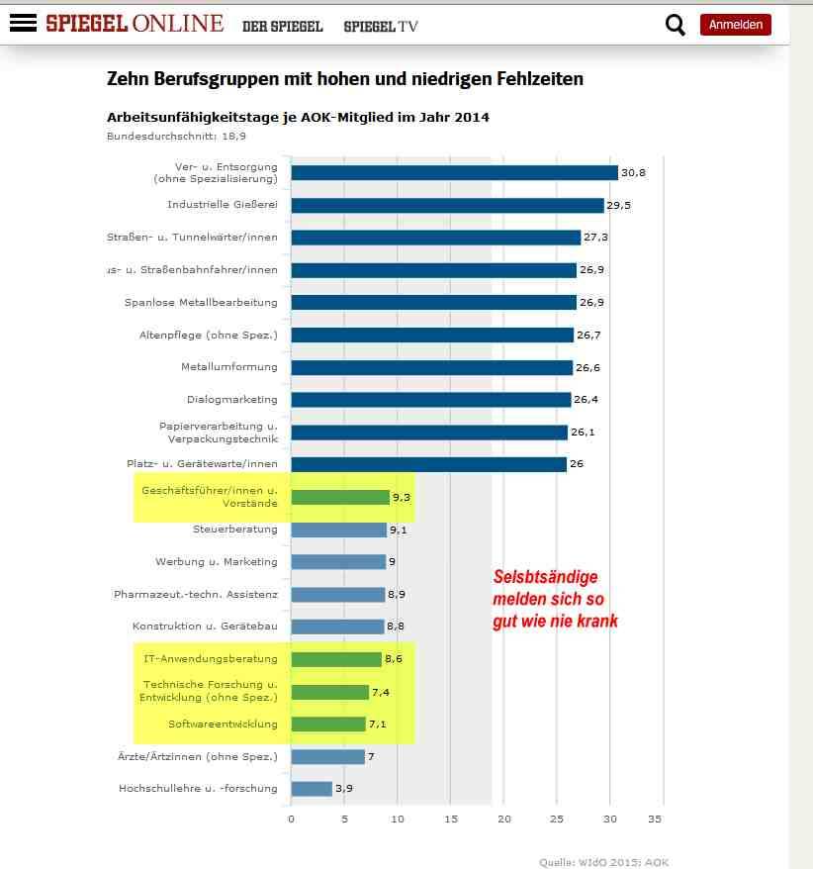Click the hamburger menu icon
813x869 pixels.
22,24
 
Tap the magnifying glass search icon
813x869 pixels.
676,25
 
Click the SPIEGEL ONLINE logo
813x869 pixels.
135,24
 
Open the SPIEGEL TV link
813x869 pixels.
381,27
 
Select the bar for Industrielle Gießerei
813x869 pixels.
447,206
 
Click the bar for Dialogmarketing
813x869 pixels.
431,400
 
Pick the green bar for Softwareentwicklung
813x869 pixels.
328,724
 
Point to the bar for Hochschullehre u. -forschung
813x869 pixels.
312,789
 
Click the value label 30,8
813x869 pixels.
633,173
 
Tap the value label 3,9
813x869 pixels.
345,789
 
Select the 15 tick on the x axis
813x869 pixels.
450,820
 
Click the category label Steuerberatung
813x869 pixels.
235,530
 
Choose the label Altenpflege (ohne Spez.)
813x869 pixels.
209,336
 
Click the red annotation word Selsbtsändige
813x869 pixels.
545,577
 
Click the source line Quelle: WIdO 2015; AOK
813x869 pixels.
604,862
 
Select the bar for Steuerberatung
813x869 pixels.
338,530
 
